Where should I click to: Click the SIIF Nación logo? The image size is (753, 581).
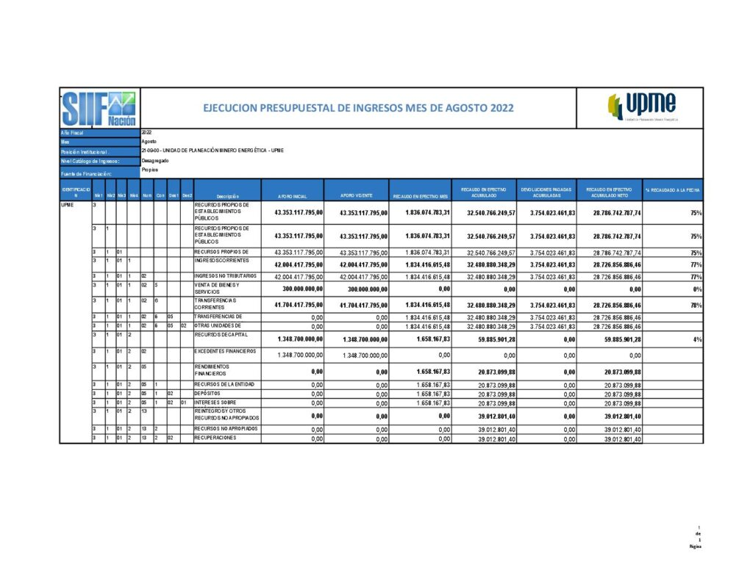tap(99, 108)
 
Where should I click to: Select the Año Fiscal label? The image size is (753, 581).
tap(74, 132)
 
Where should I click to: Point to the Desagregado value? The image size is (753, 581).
tap(155, 160)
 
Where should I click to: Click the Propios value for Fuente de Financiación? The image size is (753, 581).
tap(149, 170)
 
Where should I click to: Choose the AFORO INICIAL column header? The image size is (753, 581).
tap(292, 196)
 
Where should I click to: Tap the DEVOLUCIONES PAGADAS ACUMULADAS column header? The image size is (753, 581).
tap(547, 192)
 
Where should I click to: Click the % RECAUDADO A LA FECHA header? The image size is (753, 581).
tap(673, 190)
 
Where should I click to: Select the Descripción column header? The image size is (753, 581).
tap(228, 196)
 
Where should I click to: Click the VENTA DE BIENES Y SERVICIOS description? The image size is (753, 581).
tap(214, 289)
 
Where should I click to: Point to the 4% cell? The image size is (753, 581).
tap(696, 340)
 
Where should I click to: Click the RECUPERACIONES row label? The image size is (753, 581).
tap(215, 438)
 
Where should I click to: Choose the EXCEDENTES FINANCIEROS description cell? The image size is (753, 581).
tap(224, 352)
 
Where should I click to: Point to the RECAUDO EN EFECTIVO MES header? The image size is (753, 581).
tap(420, 196)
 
